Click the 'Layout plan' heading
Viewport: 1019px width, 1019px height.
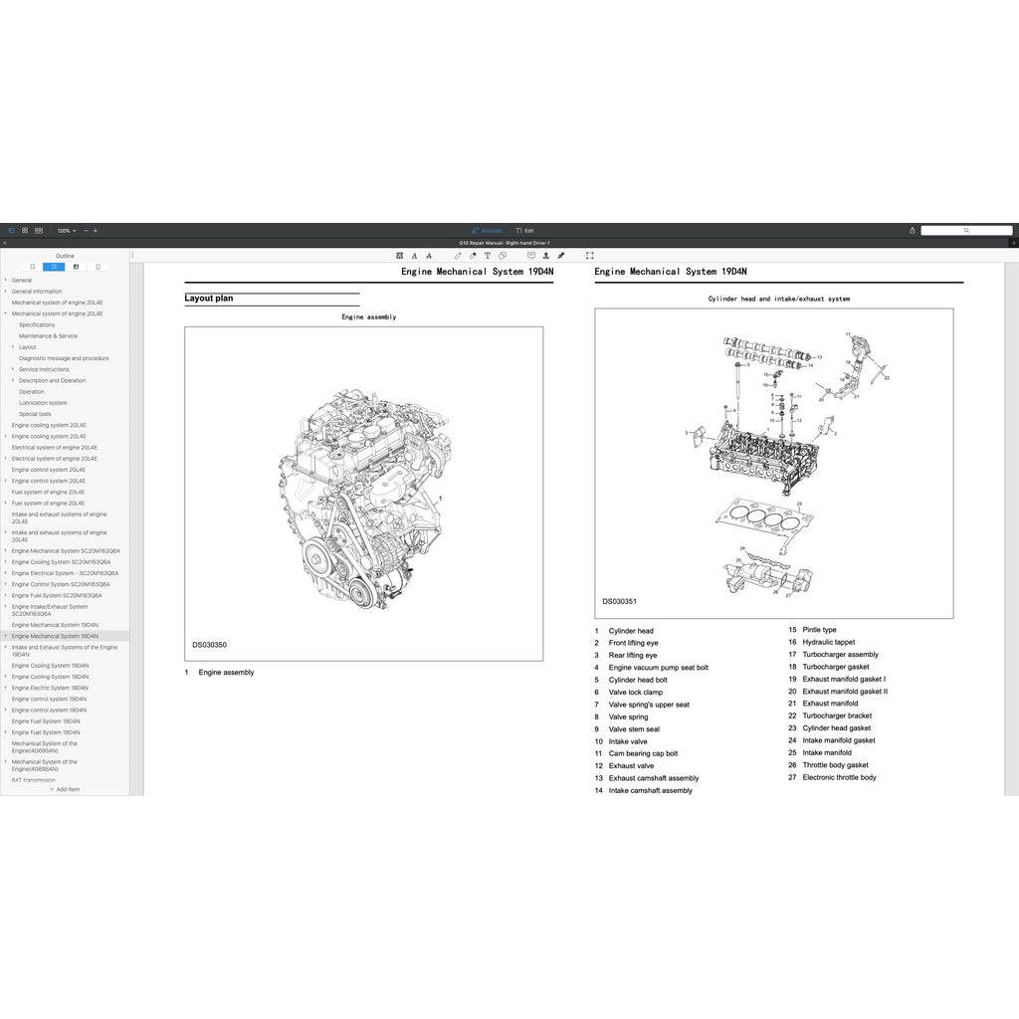208,299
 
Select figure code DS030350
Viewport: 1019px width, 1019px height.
209,645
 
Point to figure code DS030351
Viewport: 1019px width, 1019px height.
619,602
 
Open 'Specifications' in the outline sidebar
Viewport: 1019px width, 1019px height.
37,324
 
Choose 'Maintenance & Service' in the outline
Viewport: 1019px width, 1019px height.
48,336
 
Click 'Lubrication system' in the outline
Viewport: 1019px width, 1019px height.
43,403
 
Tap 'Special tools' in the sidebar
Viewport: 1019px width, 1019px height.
35,414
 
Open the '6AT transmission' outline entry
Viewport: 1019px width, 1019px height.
34,780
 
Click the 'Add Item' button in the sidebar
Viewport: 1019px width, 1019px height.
65,789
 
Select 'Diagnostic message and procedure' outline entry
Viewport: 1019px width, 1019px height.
64,358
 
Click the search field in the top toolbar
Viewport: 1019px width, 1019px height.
965,231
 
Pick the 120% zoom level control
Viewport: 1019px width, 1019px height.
66,231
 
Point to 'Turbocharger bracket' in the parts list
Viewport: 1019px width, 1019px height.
837,715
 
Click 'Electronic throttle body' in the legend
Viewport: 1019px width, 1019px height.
839,777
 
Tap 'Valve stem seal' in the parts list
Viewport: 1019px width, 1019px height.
634,729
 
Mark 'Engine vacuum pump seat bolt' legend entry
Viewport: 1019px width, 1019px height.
658,668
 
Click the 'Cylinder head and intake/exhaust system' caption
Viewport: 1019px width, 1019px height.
778,299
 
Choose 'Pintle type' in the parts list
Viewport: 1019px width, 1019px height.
819,630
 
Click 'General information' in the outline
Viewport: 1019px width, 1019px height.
36,292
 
